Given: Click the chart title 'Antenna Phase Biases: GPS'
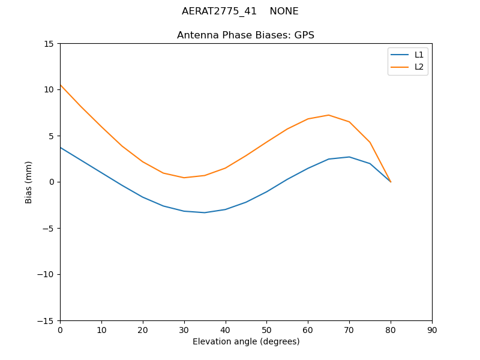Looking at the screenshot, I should [245, 35].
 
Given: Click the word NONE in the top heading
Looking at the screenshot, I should [284, 11].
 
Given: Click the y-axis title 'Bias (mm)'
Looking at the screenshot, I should [29, 182].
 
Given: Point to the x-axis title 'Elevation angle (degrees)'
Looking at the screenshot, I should [246, 342].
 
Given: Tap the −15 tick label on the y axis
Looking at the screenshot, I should [46, 320].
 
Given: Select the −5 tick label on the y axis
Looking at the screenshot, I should [49, 228].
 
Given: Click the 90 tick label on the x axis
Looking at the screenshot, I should [432, 330].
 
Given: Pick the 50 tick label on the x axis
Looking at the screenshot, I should [266, 330].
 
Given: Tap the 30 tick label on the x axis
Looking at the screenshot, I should [184, 330].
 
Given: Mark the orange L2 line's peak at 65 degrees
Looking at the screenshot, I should [329, 115].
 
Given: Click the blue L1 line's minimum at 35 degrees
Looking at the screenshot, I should [205, 212].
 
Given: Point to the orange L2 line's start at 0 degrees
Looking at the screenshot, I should [61, 85].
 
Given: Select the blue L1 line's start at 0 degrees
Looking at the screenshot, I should [61, 148].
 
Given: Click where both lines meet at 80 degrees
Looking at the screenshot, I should [391, 182].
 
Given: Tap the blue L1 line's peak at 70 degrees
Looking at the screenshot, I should [349, 157].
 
